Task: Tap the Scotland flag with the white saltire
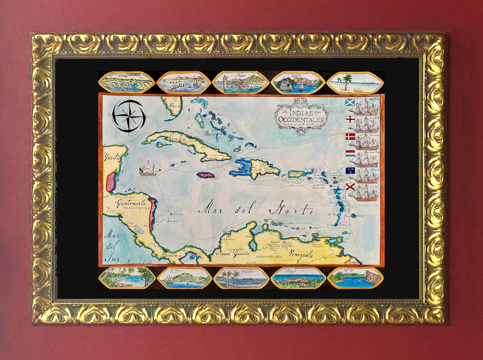pyautogui.click(x=350, y=102)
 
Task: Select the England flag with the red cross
pyautogui.click(x=350, y=119)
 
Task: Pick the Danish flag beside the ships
pyautogui.click(x=350, y=136)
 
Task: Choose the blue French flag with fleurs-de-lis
pyautogui.click(x=350, y=170)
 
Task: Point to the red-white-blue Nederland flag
pyautogui.click(x=350, y=153)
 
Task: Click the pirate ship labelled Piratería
pyautogui.click(x=149, y=169)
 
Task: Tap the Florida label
pyautogui.click(x=175, y=106)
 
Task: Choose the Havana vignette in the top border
pyautogui.click(x=241, y=82)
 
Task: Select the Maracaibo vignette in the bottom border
pyautogui.click(x=241, y=278)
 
